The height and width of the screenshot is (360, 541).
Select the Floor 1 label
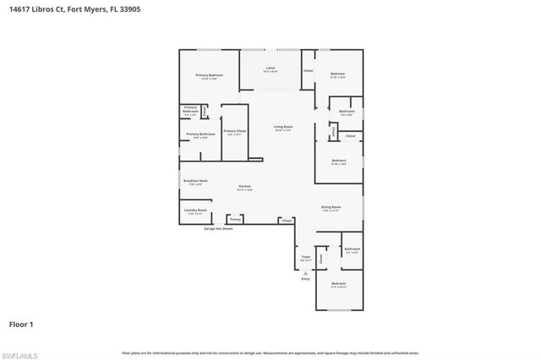pos(21,323)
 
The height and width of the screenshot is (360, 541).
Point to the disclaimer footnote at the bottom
pos(270,352)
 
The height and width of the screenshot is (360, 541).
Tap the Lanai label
pos(270,68)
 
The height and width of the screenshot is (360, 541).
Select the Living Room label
pos(282,127)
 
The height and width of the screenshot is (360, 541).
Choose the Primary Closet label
pos(234,131)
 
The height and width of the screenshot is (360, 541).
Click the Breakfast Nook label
pos(195,180)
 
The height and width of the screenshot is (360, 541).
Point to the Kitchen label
pos(244,186)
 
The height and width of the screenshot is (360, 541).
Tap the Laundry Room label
pos(195,211)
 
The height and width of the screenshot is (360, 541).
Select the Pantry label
pos(235,219)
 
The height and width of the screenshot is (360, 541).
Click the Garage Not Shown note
pos(217,228)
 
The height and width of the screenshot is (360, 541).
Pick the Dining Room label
pos(331,206)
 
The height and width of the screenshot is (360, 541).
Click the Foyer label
pos(306,257)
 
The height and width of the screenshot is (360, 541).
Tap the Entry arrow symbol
pos(306,273)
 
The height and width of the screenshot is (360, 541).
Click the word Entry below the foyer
pos(306,279)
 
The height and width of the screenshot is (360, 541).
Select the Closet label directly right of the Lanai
pos(309,71)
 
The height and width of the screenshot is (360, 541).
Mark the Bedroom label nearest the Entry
pos(338,282)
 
